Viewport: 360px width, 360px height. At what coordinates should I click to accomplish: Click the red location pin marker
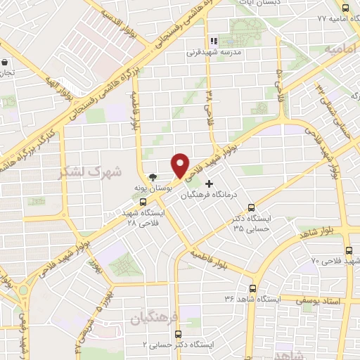pyautogui.click(x=181, y=165)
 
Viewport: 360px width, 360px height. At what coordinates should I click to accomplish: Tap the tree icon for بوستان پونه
pyautogui.click(x=152, y=177)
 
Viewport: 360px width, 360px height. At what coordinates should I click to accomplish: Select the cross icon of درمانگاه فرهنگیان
pyautogui.click(x=208, y=183)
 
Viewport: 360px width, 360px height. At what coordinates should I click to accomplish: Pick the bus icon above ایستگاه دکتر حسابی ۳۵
pyautogui.click(x=251, y=207)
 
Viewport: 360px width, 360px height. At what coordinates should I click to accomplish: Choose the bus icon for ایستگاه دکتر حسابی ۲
pyautogui.click(x=176, y=334)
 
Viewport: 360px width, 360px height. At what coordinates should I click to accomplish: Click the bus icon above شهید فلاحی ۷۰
pyautogui.click(x=349, y=250)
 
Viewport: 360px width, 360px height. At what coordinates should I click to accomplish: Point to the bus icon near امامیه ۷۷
pyautogui.click(x=344, y=6)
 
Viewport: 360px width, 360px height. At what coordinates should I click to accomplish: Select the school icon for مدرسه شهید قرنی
pyautogui.click(x=214, y=41)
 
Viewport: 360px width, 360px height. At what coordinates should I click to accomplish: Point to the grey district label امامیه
pyautogui.click(x=341, y=49)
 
